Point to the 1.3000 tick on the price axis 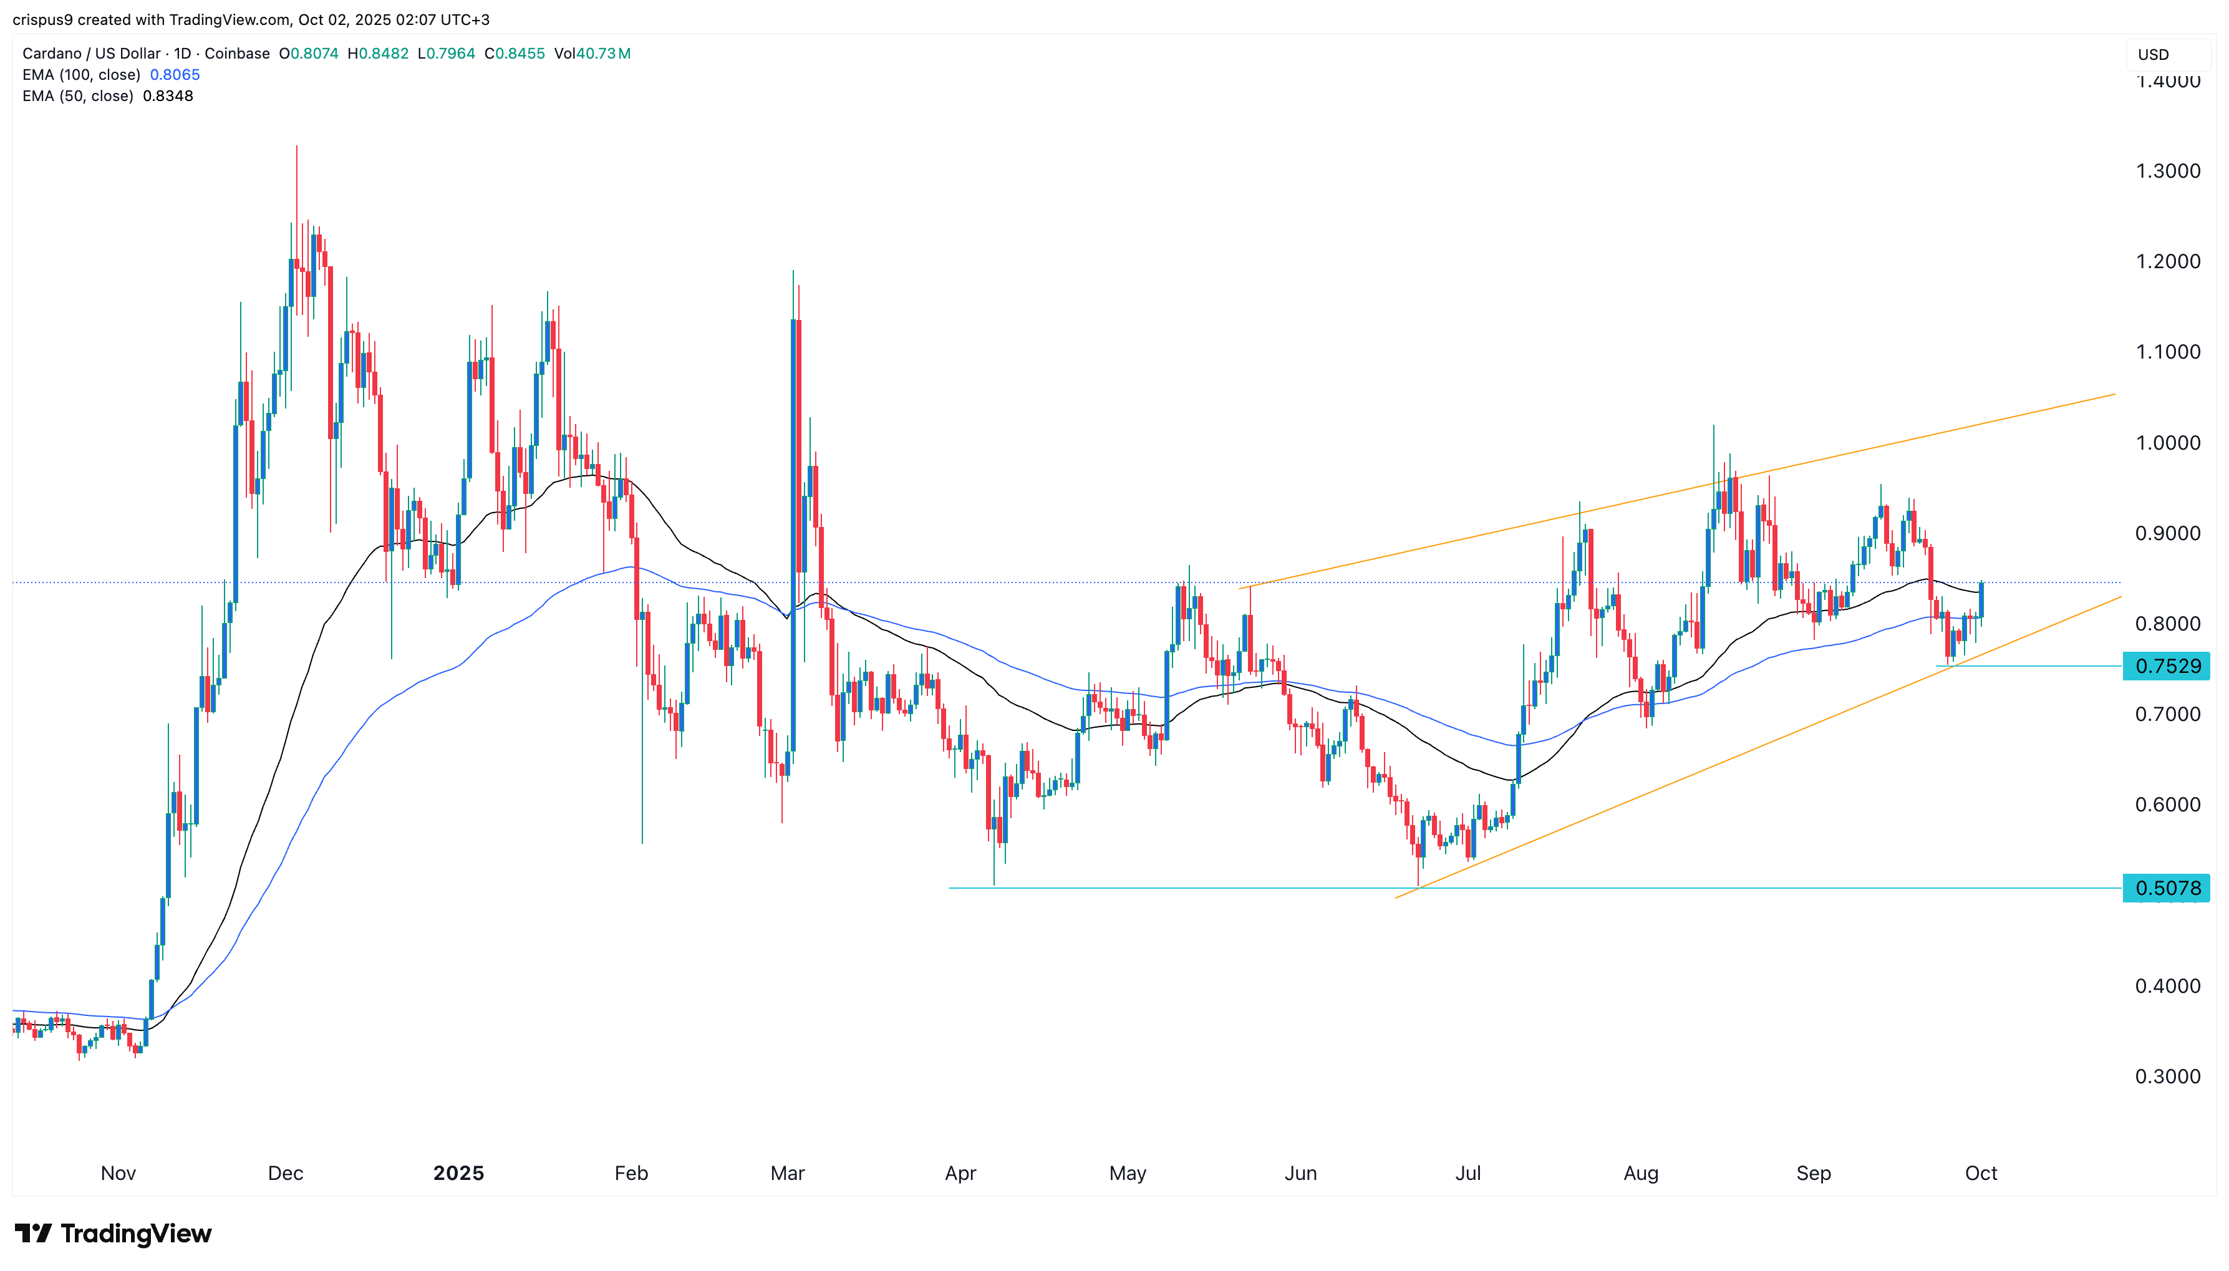point(2167,171)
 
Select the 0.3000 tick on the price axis point(2167,1076)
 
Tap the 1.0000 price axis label point(2167,443)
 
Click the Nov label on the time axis point(118,1172)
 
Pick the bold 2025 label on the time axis point(458,1172)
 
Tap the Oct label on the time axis point(1980,1172)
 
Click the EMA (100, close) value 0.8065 point(175,75)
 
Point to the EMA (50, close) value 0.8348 point(168,96)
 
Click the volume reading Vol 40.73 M point(592,53)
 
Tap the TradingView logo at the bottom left point(114,1234)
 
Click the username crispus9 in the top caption point(42,19)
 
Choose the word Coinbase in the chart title point(236,53)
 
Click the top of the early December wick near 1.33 point(297,147)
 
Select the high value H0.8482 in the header point(378,53)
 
